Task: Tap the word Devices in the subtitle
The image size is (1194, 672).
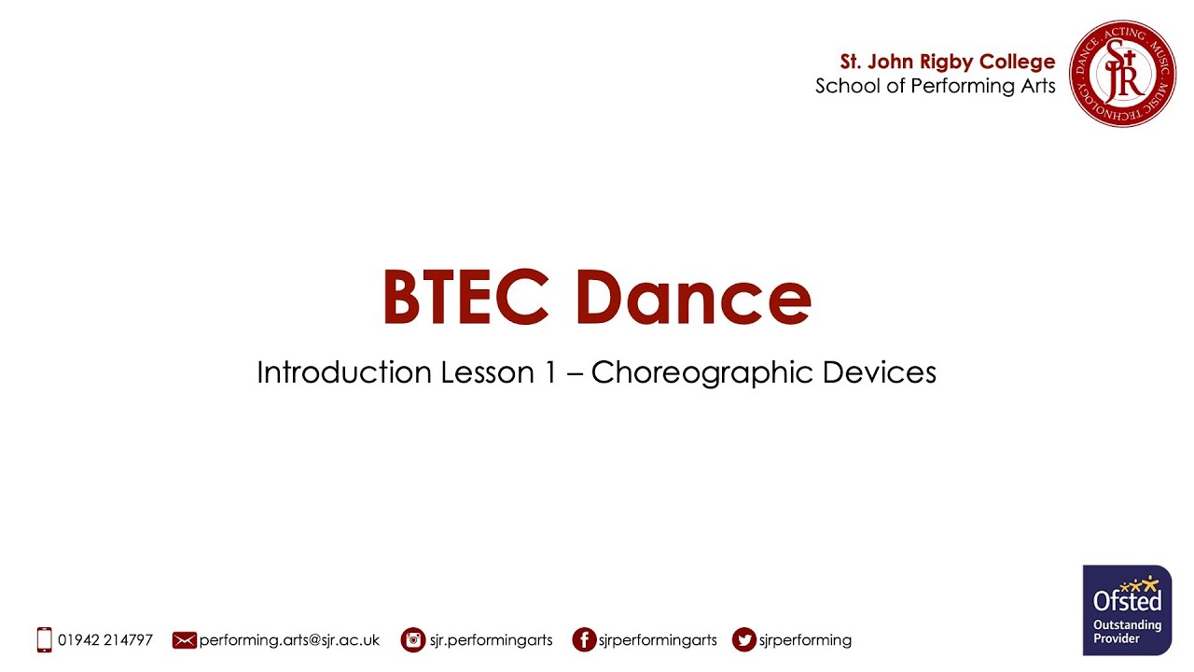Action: [x=879, y=372]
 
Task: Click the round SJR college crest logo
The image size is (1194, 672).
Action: [x=1122, y=74]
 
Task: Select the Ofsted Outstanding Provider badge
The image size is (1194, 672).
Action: [x=1127, y=609]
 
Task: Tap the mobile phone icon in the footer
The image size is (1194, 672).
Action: [x=44, y=640]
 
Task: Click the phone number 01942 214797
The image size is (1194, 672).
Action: [x=105, y=640]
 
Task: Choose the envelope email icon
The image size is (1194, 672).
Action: [x=185, y=640]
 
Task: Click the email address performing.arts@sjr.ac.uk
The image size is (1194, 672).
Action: [x=289, y=640]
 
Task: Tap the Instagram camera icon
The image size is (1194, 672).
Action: [x=413, y=640]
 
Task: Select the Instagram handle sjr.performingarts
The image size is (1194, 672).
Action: [x=491, y=640]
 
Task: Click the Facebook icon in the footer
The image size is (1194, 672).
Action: [x=584, y=640]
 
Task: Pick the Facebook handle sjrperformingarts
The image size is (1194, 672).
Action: [x=659, y=640]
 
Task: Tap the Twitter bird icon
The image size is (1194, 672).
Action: [x=744, y=640]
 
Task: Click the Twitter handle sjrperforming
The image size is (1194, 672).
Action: [x=805, y=640]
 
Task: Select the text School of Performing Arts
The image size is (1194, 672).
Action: [x=935, y=86]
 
